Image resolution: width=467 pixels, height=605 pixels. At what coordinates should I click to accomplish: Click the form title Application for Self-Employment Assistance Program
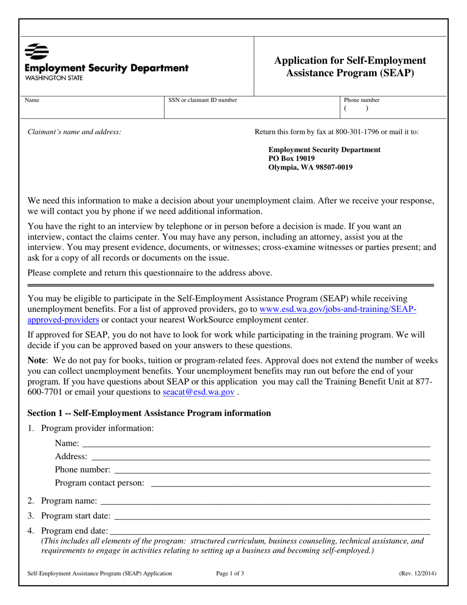350,67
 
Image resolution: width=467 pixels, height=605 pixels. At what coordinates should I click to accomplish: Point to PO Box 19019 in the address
292,158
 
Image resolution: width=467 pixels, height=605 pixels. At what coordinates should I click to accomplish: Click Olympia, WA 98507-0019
310,167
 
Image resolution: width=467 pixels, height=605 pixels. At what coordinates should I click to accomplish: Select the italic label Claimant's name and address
74,132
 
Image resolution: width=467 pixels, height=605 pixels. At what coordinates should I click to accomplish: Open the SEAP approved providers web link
338,310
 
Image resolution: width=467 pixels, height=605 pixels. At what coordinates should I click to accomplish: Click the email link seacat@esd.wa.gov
199,392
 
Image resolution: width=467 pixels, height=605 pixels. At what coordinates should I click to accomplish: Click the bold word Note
37,360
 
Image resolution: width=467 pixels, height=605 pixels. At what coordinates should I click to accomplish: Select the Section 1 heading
149,413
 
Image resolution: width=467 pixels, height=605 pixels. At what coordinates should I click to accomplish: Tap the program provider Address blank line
261,457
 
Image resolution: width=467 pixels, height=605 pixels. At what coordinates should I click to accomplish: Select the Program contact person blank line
290,484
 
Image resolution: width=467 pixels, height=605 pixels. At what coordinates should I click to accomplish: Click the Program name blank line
265,502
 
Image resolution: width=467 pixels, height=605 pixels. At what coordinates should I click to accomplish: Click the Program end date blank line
270,531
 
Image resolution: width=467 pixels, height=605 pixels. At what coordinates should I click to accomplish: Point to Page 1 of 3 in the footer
230,573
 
